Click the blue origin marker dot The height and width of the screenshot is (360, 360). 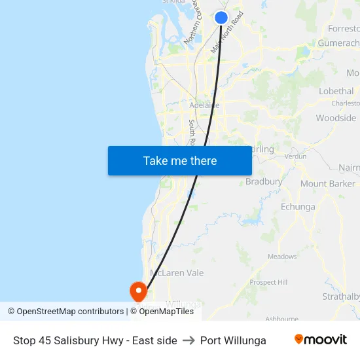(221, 18)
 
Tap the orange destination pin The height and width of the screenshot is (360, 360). (139, 291)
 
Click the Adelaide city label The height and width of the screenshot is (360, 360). (204, 105)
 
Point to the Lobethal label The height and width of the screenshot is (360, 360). (336, 92)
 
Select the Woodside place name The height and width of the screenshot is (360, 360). (336, 118)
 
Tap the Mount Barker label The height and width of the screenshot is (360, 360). (327, 184)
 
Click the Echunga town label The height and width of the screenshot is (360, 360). (297, 207)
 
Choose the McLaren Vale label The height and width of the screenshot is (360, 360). (177, 273)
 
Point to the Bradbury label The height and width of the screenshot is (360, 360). (264, 182)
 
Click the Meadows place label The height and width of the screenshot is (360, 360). (282, 257)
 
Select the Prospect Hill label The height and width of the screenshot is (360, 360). (268, 282)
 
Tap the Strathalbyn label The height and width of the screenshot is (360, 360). (341, 297)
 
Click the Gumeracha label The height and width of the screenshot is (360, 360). (338, 43)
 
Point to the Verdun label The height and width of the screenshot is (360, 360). (296, 157)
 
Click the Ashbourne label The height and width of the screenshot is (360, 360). (281, 319)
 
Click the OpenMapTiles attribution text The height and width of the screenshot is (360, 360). (166, 312)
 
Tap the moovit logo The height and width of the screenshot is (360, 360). (321, 340)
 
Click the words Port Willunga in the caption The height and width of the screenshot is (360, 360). (233, 340)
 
